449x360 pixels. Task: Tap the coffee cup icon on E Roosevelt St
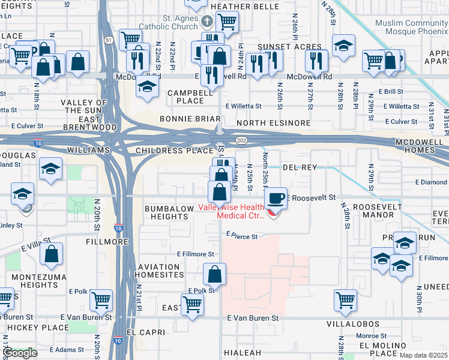tap(276, 198)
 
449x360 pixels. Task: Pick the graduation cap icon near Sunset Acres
tap(343, 46)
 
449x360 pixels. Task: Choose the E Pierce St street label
tap(241, 236)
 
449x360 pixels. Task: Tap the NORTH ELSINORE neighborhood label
tap(273, 123)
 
